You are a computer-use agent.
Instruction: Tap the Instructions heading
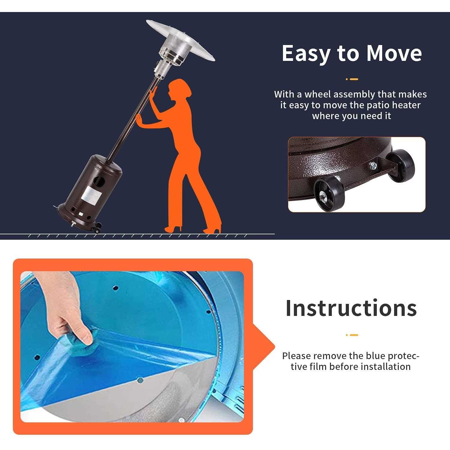tap(351, 308)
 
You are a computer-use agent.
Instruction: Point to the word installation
tap(385, 367)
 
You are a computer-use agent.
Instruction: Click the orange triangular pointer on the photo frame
tap(263, 347)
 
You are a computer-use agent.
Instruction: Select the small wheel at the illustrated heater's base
tap(97, 230)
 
